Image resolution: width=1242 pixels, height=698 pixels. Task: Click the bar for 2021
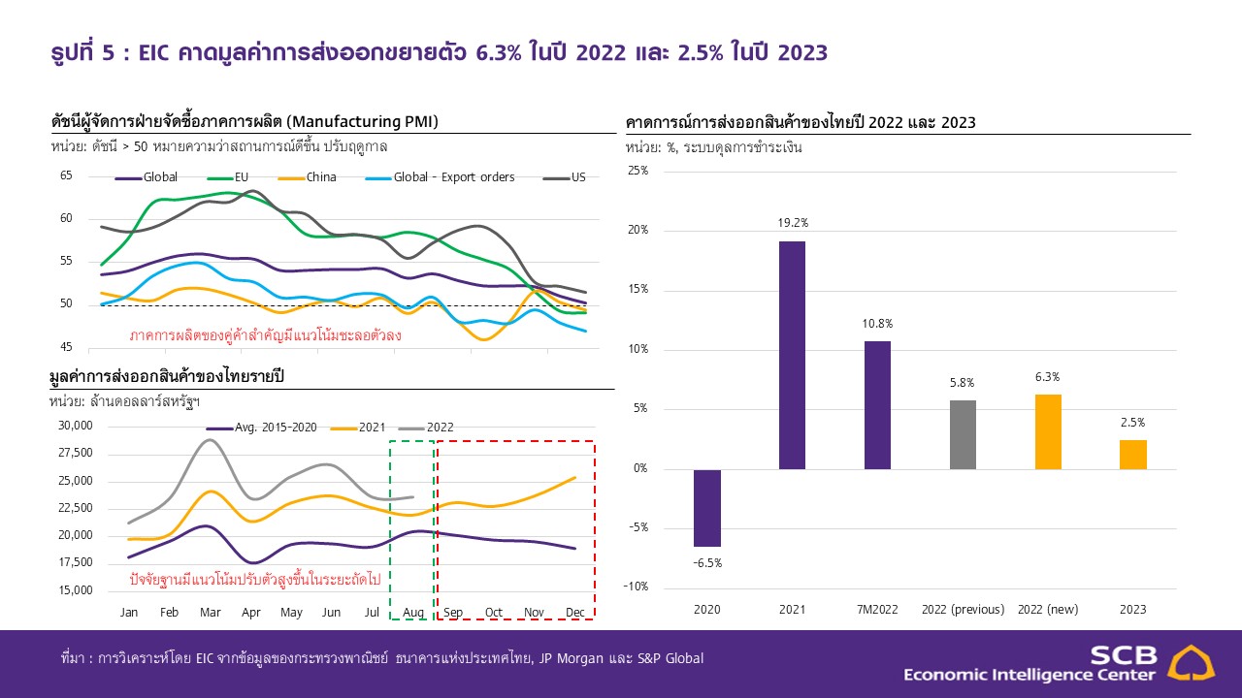[x=792, y=355]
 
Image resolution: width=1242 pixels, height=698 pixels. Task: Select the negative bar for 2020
[x=707, y=508]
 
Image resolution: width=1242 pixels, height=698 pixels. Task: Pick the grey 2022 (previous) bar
[x=963, y=434]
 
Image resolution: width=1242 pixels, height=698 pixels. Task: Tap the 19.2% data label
[x=793, y=222]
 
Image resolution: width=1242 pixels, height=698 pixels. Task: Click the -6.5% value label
[x=707, y=562]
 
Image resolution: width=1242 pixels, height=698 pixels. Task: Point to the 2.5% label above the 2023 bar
[x=1132, y=423]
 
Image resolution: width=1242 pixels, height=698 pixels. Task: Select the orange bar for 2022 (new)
[x=1048, y=431]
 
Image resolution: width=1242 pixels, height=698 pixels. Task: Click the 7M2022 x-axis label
[x=877, y=610]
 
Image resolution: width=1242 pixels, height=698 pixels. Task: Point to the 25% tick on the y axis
[x=637, y=171]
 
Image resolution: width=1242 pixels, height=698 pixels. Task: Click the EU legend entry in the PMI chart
[x=243, y=177]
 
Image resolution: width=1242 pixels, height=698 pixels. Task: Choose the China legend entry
[x=320, y=177]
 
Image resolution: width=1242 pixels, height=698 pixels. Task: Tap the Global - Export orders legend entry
[x=453, y=177]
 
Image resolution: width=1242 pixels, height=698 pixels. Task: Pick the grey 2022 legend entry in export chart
[x=439, y=427]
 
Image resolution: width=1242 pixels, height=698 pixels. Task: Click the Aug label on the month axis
[x=411, y=613]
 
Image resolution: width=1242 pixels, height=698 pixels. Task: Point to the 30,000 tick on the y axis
[x=76, y=426]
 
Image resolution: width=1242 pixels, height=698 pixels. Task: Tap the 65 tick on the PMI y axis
[x=66, y=175]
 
